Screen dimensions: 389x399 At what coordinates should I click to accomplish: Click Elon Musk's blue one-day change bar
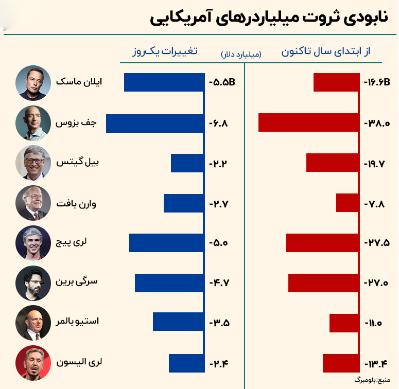click(164, 82)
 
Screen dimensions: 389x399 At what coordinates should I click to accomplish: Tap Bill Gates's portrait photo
click(33, 163)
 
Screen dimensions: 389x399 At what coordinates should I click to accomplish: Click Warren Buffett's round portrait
click(33, 203)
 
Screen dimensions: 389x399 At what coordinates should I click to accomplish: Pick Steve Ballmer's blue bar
click(178, 322)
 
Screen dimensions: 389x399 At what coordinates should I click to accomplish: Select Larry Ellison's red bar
click(340, 363)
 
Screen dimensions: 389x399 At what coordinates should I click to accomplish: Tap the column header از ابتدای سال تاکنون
click(326, 52)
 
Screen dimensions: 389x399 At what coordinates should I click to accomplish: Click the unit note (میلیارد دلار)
click(241, 54)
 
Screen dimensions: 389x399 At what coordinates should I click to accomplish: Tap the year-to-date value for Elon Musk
click(377, 82)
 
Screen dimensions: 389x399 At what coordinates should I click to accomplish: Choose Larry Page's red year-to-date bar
click(322, 243)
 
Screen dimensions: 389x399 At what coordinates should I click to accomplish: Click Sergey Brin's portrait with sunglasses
click(33, 283)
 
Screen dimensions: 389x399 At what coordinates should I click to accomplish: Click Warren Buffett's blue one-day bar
click(184, 203)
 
